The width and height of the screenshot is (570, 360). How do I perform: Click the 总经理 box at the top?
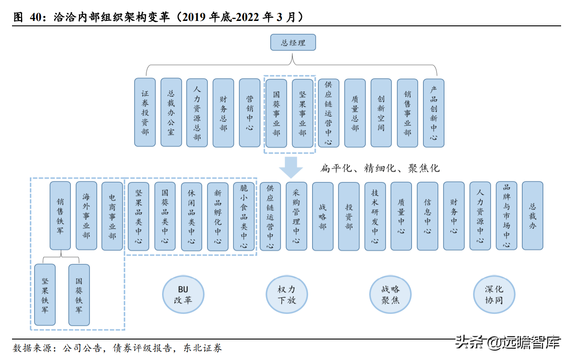pyautogui.click(x=293, y=43)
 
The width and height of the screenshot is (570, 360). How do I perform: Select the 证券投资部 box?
pyautogui.click(x=145, y=112)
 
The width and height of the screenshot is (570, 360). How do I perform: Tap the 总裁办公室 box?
pyautogui.click(x=171, y=112)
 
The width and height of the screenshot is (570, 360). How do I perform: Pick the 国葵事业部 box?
pyautogui.click(x=277, y=113)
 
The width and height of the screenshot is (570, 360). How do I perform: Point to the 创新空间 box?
pyautogui.click(x=381, y=113)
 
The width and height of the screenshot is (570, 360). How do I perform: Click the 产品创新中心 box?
pyautogui.click(x=434, y=113)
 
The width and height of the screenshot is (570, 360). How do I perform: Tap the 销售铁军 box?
pyautogui.click(x=60, y=216)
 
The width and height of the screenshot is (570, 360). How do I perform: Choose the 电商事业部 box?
pyautogui.click(x=112, y=216)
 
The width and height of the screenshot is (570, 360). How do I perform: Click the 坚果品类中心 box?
pyautogui.click(x=138, y=216)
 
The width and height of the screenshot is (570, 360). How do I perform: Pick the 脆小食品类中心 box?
pyautogui.click(x=244, y=216)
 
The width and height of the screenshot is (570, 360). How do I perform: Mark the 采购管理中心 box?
pyautogui.click(x=297, y=216)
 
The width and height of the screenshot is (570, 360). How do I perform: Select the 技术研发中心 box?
pyautogui.click(x=375, y=216)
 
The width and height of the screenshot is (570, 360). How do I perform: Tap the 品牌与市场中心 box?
pyautogui.click(x=507, y=216)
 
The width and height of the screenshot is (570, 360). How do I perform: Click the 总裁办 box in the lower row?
pyautogui.click(x=533, y=216)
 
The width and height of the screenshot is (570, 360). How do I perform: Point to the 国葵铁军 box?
pyautogui.click(x=79, y=295)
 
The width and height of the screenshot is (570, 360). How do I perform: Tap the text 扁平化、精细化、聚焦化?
pyautogui.click(x=380, y=168)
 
